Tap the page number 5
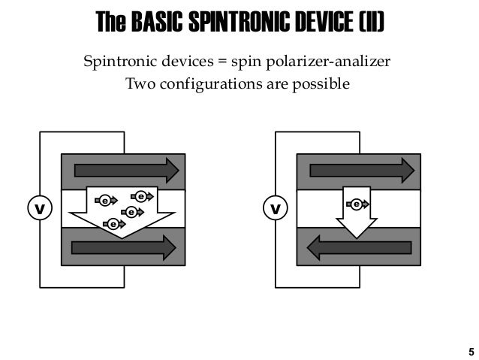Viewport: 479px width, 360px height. click(x=471, y=351)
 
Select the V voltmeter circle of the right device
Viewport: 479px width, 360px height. click(x=276, y=208)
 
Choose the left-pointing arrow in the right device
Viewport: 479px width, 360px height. click(x=359, y=247)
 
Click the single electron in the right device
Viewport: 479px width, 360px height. click(x=357, y=204)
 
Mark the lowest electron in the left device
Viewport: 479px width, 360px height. click(x=113, y=223)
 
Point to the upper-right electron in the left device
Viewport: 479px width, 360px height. click(x=141, y=196)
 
